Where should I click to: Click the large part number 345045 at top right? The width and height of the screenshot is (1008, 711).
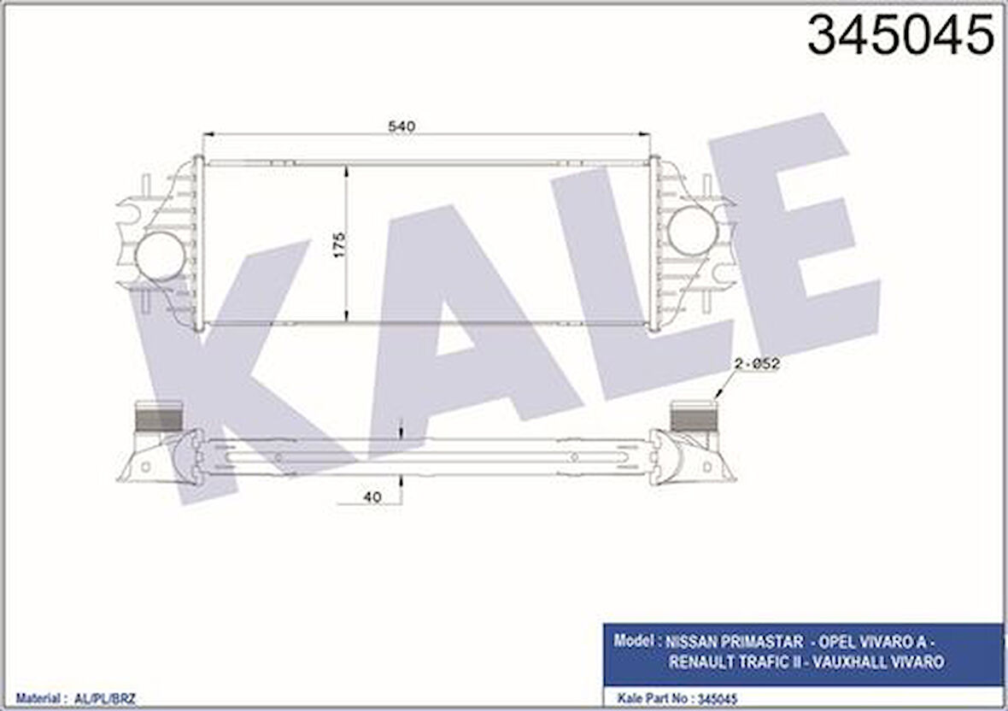click(x=900, y=36)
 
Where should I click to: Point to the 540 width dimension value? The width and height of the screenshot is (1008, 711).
click(x=401, y=126)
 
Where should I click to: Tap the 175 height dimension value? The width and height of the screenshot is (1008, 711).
click(x=338, y=246)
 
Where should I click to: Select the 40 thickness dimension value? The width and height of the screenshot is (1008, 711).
click(x=371, y=497)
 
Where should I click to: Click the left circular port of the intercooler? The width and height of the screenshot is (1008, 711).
click(x=161, y=256)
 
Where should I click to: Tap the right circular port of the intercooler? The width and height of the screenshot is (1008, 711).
click(x=692, y=231)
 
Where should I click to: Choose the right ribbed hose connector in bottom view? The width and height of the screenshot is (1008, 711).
click(x=694, y=416)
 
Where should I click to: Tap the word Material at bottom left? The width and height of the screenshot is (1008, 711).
click(x=38, y=698)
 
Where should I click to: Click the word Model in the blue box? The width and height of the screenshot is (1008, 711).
click(x=630, y=641)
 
